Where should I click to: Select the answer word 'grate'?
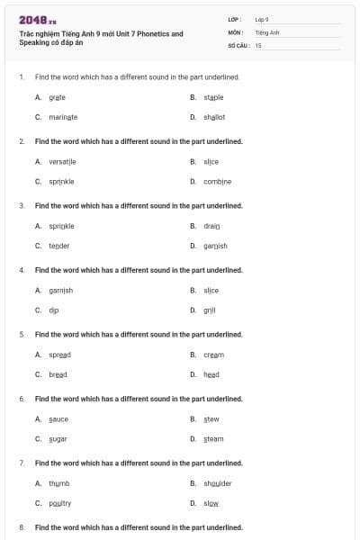58,97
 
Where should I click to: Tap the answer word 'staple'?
214,97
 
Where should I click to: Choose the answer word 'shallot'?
214,117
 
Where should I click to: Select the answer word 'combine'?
218,182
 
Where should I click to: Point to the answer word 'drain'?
212,226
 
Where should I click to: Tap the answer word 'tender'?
59,246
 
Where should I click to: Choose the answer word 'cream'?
213,355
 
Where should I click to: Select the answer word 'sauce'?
58,419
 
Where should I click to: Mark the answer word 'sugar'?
58,439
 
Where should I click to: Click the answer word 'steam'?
213,439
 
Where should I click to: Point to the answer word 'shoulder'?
218,483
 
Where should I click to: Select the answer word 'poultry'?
60,503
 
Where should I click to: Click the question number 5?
22,335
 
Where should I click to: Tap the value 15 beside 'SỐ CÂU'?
258,44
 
